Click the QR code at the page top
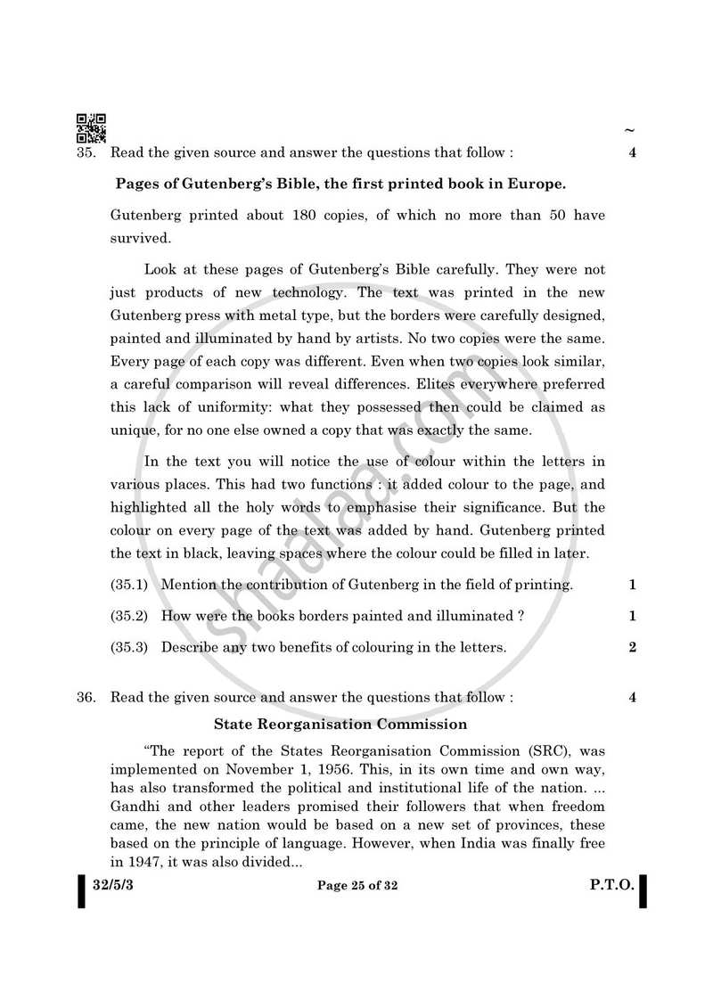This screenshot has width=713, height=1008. (91, 128)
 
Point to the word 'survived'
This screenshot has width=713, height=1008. (140, 239)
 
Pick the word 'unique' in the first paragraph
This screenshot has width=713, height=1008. (133, 430)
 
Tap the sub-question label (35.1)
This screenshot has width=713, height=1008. (129, 586)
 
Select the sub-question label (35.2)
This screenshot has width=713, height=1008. (129, 617)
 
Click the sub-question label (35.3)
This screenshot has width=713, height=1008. (129, 648)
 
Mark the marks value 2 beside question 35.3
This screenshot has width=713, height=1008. (632, 648)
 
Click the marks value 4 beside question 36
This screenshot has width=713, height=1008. (632, 698)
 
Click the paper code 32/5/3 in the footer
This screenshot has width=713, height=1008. (116, 886)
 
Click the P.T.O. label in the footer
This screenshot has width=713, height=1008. (611, 886)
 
